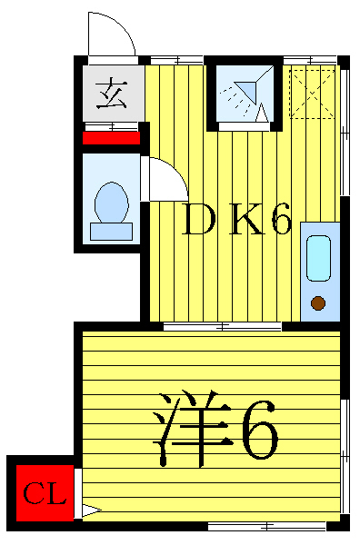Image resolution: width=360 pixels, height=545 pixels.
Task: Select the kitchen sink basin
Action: click(318, 258)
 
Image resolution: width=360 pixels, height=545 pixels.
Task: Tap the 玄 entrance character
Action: click(112, 93)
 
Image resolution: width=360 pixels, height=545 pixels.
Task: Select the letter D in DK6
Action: click(195, 221)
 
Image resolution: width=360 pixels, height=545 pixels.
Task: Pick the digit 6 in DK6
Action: click(279, 221)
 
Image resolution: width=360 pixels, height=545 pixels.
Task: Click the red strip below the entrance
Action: click(112, 138)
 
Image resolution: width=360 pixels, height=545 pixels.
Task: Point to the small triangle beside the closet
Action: click(89, 510)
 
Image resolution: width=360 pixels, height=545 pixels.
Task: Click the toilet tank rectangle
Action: click(111, 230)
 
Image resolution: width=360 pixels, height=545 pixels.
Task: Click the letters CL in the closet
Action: click(44, 495)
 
